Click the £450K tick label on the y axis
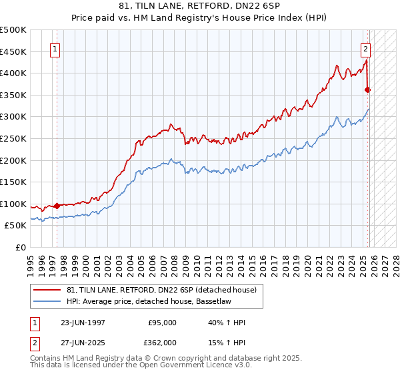tap(13, 51)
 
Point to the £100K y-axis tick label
tap(13, 204)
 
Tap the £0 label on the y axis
tap(20, 248)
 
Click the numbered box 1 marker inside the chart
tap(55, 48)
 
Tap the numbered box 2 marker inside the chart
tap(366, 48)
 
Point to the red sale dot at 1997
tap(57, 206)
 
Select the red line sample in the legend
tap(47, 290)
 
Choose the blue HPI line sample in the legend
tap(47, 302)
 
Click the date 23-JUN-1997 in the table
tap(83, 323)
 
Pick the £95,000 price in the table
tap(161, 323)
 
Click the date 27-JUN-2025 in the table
tap(83, 342)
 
